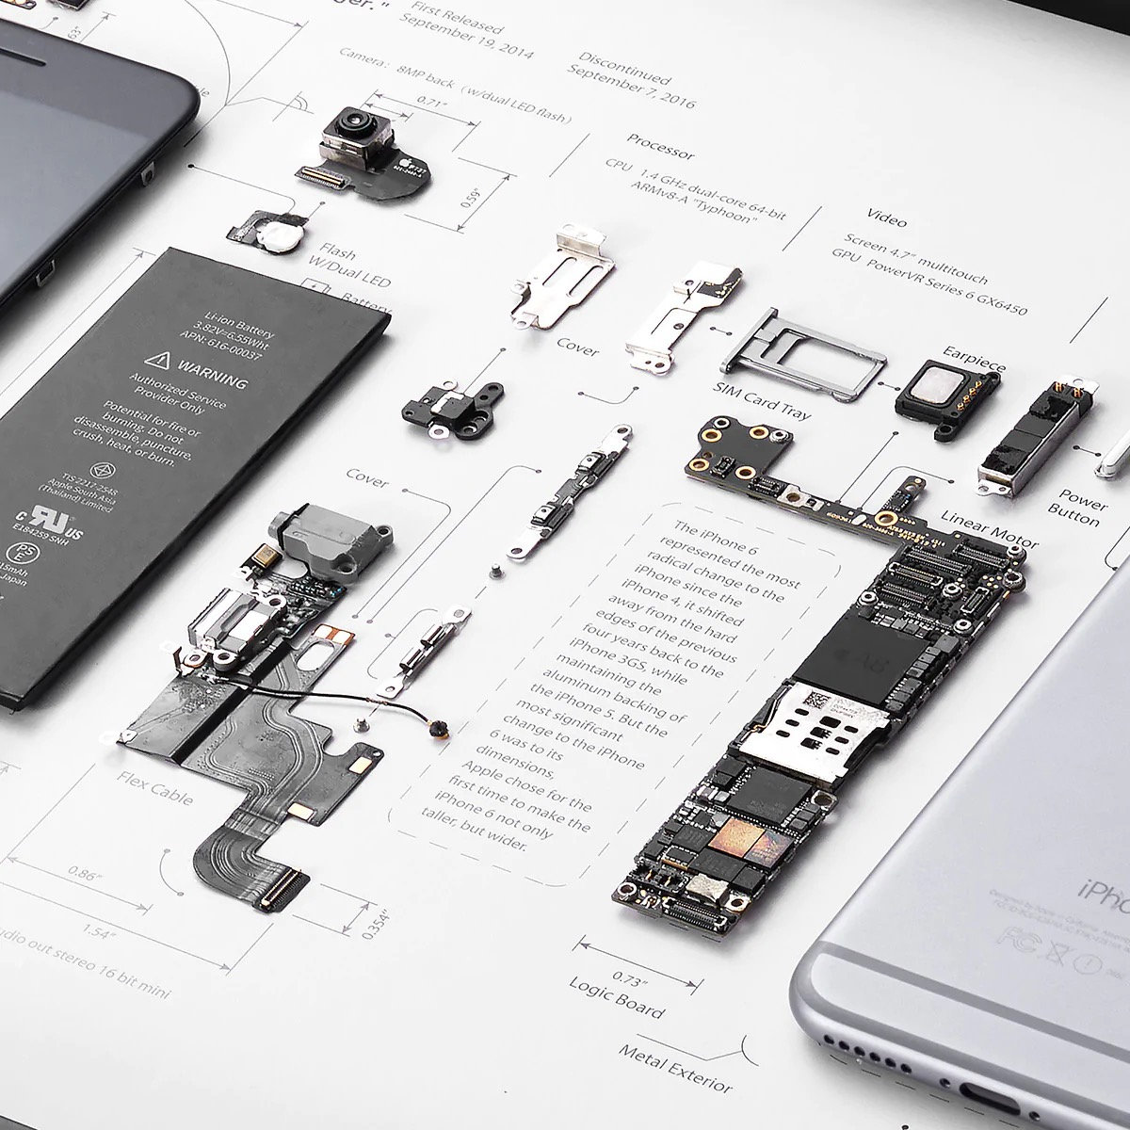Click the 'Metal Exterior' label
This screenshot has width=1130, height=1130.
[x=675, y=1066]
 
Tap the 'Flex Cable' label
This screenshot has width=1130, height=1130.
[x=155, y=789]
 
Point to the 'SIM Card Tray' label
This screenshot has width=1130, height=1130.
[x=762, y=399]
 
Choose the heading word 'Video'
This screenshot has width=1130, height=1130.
[x=886, y=218]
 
